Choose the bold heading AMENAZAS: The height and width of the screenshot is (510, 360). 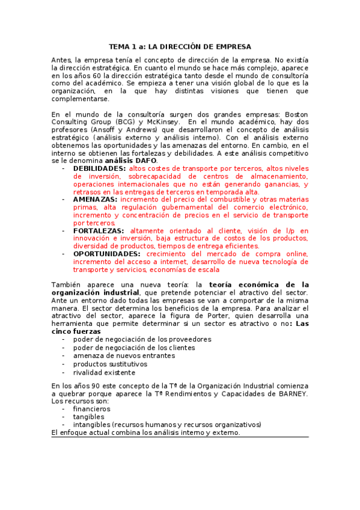96,199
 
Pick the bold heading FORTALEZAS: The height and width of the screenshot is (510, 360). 99,230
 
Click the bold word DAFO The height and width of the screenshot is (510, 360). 146,161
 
